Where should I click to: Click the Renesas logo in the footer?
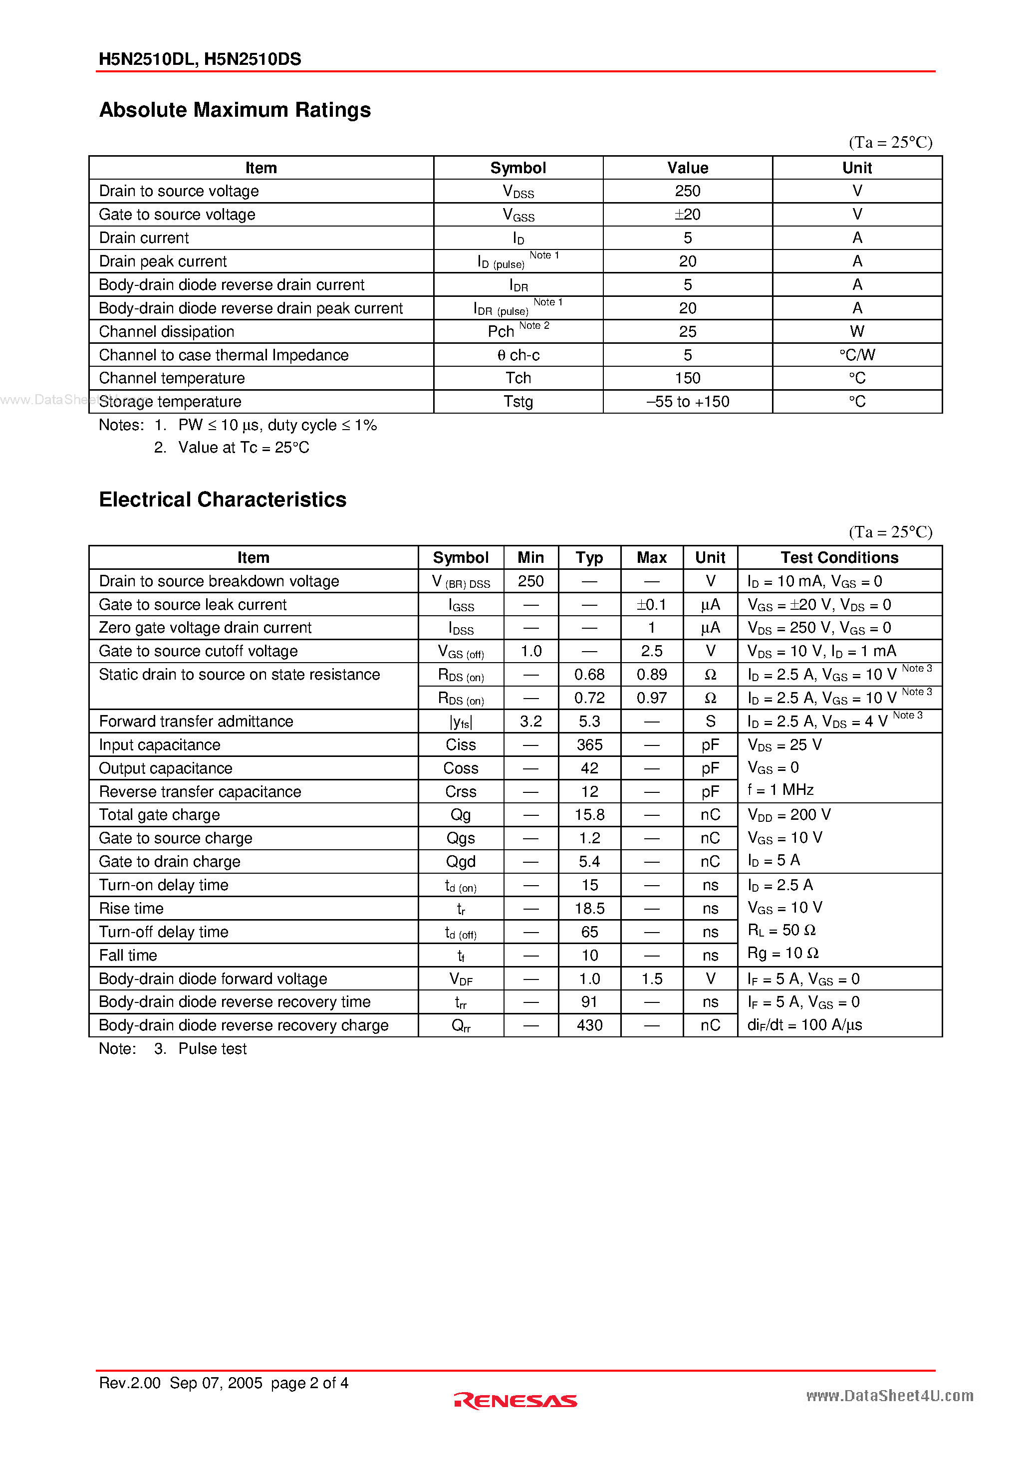click(x=515, y=1400)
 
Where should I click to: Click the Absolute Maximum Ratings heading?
click(x=235, y=110)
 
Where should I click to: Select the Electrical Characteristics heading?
click(x=223, y=499)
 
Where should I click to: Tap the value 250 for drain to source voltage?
click(x=687, y=191)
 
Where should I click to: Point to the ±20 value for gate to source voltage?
click(x=687, y=214)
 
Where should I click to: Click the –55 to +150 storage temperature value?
click(x=687, y=402)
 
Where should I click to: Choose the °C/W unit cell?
click(x=856, y=355)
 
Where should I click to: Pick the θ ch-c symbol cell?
click(x=518, y=355)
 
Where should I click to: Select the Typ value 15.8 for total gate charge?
click(x=589, y=815)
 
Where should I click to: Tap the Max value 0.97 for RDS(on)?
click(x=652, y=698)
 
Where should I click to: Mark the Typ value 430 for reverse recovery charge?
click(x=589, y=1025)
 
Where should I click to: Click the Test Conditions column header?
click(x=839, y=557)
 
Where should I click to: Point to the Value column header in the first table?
click(x=687, y=168)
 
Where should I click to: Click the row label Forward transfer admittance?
click(x=196, y=721)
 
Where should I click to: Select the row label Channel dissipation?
click(x=167, y=331)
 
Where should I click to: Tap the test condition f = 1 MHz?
click(x=780, y=790)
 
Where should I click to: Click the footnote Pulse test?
click(x=212, y=1048)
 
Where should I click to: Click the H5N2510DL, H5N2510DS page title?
click(x=200, y=59)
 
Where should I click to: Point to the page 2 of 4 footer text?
click(x=309, y=1383)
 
